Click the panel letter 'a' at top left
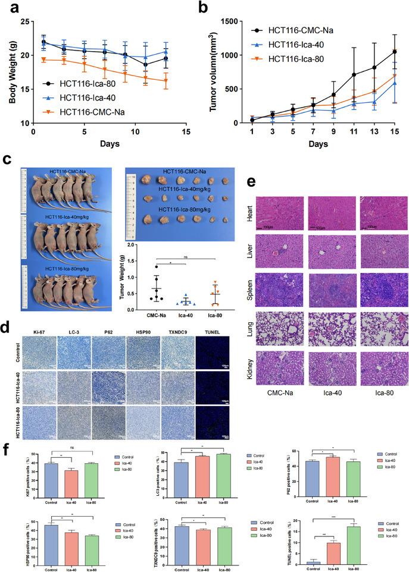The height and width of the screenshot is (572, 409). [x=10, y=8]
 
